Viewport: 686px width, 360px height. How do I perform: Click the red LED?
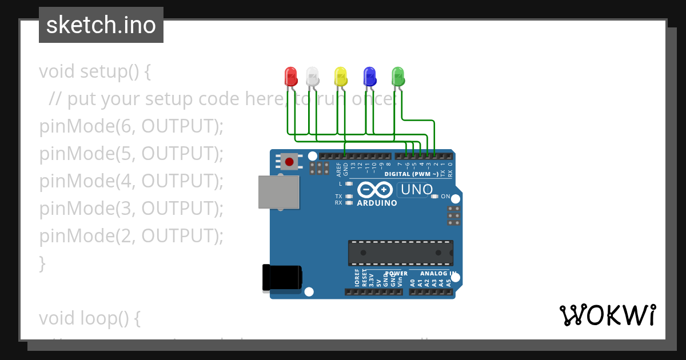click(290, 76)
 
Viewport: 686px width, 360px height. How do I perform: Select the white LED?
click(312, 76)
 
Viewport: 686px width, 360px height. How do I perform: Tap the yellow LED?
click(340, 76)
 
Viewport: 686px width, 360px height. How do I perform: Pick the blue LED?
click(370, 76)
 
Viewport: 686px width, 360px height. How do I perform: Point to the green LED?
click(398, 76)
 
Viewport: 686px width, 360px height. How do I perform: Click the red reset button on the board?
click(289, 162)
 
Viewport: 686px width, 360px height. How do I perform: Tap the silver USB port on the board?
click(278, 192)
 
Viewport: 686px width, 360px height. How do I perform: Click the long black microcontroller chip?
click(401, 253)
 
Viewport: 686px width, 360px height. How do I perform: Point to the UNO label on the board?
click(416, 190)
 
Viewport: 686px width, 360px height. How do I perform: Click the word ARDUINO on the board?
click(377, 203)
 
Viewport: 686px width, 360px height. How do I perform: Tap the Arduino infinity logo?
click(375, 190)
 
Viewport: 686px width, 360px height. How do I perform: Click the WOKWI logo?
click(607, 315)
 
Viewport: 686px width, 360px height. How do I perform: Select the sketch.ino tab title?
click(101, 25)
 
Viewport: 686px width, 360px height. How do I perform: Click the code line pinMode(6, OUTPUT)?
click(131, 126)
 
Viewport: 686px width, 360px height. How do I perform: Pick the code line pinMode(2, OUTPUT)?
click(131, 236)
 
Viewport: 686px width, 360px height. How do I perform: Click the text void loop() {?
click(89, 318)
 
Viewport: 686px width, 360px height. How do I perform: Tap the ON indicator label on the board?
click(445, 197)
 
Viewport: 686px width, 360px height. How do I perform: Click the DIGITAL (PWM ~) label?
click(411, 174)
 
